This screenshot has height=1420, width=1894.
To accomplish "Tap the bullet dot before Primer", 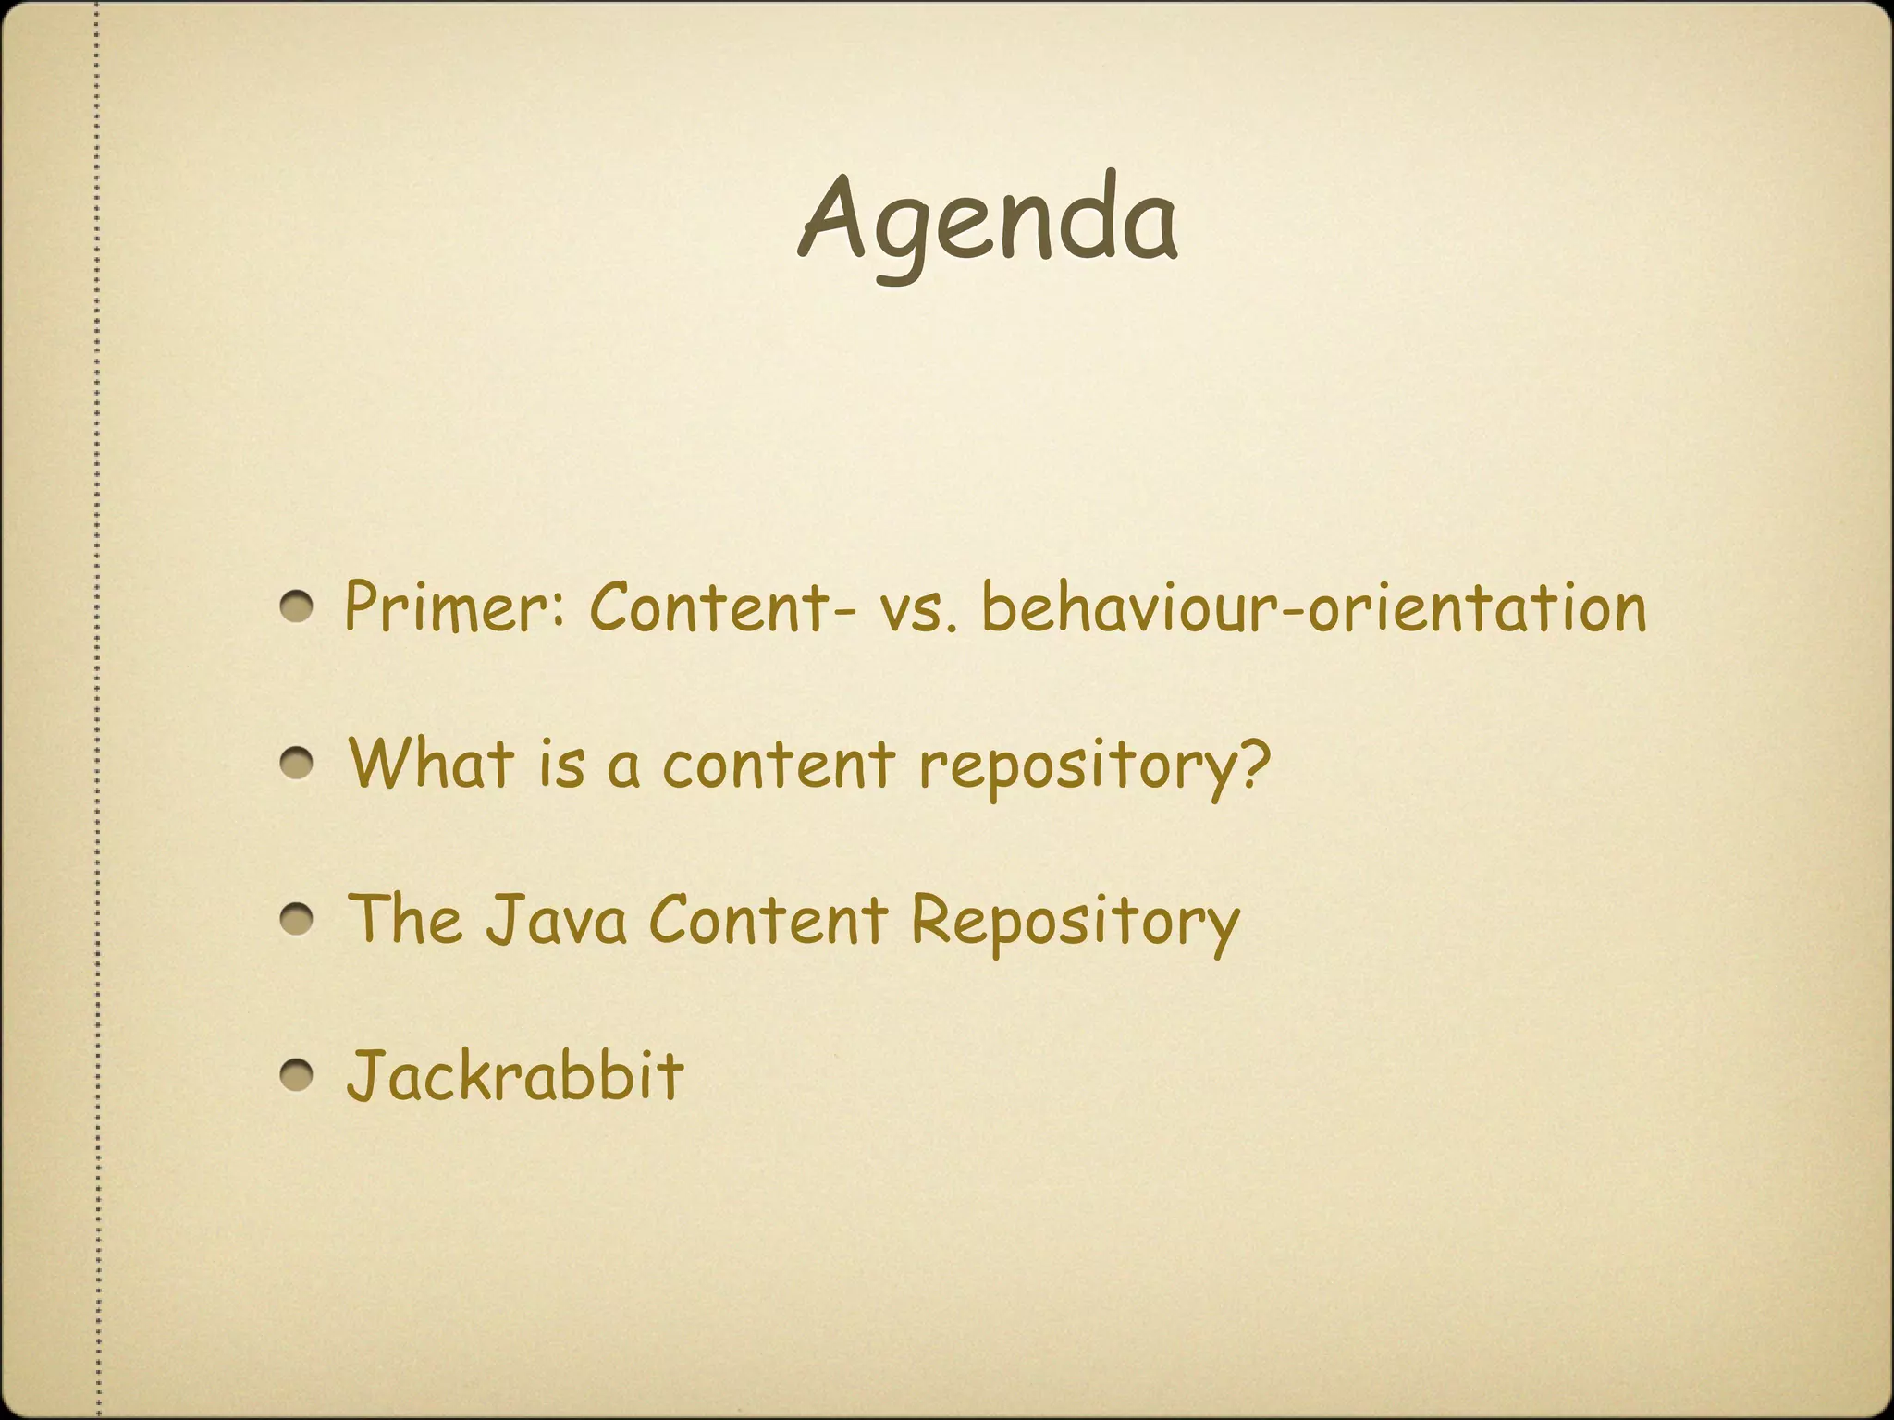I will click(299, 608).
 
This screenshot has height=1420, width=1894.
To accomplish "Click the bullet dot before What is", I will click(299, 765).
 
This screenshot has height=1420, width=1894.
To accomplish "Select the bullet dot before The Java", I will click(299, 921).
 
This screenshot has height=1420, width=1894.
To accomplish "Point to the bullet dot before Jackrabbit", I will click(299, 1075).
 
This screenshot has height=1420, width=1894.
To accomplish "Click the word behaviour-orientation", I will click(1313, 608).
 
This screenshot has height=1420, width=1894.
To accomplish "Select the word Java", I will click(556, 921).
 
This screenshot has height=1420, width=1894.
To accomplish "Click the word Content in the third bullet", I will click(768, 921).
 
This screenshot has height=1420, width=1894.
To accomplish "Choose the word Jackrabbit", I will click(515, 1075).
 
